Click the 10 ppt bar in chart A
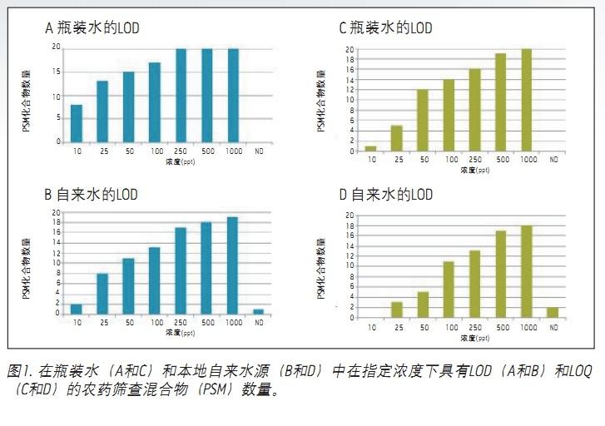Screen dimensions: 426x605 click(x=77, y=123)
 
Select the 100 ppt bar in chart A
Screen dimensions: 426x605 click(x=155, y=102)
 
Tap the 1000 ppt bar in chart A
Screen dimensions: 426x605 click(x=233, y=95)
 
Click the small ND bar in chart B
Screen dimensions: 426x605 click(x=259, y=311)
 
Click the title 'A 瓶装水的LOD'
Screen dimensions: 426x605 click(x=92, y=27)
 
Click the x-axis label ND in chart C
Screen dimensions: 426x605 click(x=553, y=159)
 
